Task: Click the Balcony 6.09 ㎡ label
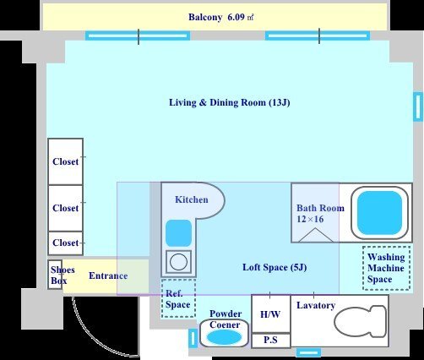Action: tap(221, 17)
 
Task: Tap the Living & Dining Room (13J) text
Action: tap(230, 102)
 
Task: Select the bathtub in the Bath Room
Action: tap(379, 213)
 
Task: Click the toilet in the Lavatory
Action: tap(361, 321)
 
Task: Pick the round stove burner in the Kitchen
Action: tap(178, 262)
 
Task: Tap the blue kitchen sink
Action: tap(178, 233)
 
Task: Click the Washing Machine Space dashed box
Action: tap(386, 268)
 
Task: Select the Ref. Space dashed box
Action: tap(178, 298)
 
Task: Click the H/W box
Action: tap(270, 314)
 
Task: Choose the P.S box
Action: tap(270, 341)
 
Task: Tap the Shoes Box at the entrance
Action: tap(55, 275)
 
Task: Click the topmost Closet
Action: tap(66, 161)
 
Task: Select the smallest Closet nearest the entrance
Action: tap(66, 243)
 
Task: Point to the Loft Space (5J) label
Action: tap(275, 267)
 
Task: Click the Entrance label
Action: tap(108, 275)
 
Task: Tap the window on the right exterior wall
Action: tap(418, 106)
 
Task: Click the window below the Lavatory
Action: tap(308, 352)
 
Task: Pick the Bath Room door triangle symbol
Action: tap(316, 235)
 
